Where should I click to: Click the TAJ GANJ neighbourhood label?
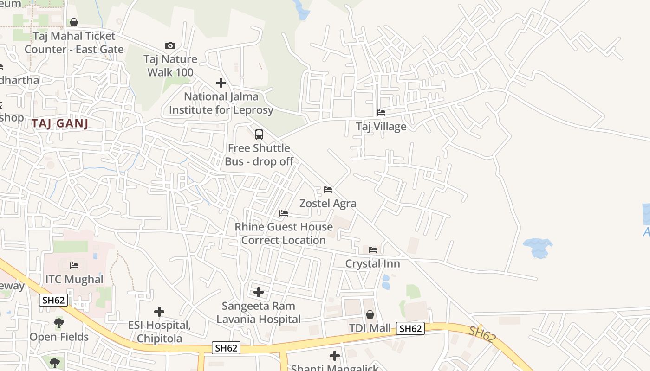60,123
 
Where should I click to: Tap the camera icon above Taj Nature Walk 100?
170,45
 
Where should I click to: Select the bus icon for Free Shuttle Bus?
259,134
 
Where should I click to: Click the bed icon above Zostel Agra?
328,190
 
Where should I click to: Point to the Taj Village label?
381,127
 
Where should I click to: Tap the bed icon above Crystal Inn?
373,250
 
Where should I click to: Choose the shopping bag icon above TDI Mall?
370,314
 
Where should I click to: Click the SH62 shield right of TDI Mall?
411,328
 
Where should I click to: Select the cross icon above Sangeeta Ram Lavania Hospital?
259,292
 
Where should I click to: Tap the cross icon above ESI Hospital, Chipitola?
159,311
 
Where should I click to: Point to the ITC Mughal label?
74,279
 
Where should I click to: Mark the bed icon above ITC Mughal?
74,266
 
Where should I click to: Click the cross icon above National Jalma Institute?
221,83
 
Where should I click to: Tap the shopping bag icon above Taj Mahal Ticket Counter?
73,22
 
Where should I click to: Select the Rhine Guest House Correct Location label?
284,233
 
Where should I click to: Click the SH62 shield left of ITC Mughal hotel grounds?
53,300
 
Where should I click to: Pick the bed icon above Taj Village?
381,113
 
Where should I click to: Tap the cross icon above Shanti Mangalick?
335,356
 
